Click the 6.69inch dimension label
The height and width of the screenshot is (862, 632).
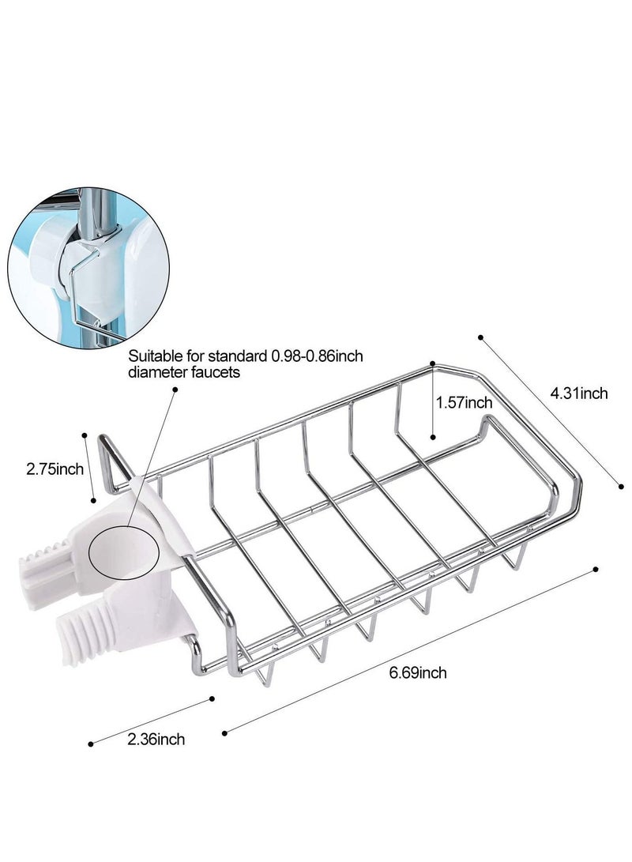point(418,673)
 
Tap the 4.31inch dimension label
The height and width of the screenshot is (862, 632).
point(579,393)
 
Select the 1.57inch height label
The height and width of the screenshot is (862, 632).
point(465,403)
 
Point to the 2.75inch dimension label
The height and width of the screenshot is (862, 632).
point(55,469)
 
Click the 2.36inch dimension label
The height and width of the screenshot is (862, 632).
point(156,740)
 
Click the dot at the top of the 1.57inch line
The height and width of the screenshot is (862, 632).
point(432,364)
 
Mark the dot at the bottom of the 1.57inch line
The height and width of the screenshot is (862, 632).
point(433,435)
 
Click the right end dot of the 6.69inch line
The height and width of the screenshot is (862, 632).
point(596,567)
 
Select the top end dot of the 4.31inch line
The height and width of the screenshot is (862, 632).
point(481,337)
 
